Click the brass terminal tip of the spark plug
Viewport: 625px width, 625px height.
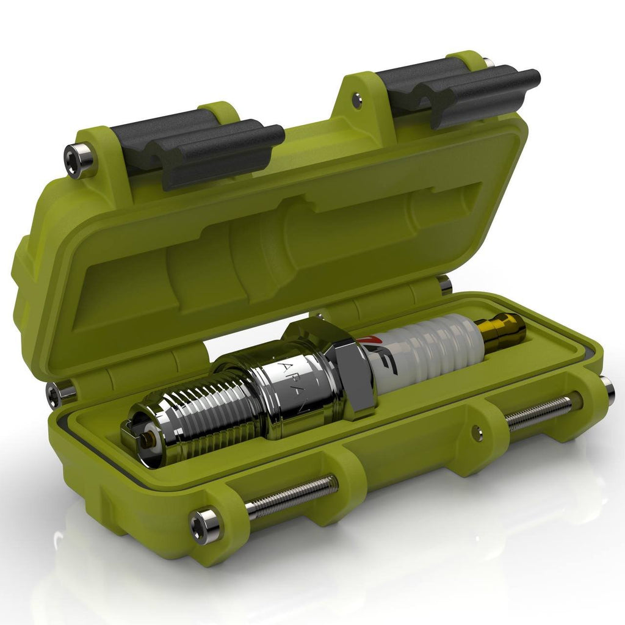pyautogui.click(x=504, y=330)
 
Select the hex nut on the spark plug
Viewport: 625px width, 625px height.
pyautogui.click(x=342, y=366)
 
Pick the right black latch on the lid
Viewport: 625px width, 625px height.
pyautogui.click(x=464, y=92)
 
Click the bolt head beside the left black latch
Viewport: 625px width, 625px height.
pyautogui.click(x=80, y=160)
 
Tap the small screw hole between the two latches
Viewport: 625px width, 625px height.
pyautogui.click(x=357, y=99)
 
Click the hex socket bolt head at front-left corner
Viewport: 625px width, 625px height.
pyautogui.click(x=204, y=523)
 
